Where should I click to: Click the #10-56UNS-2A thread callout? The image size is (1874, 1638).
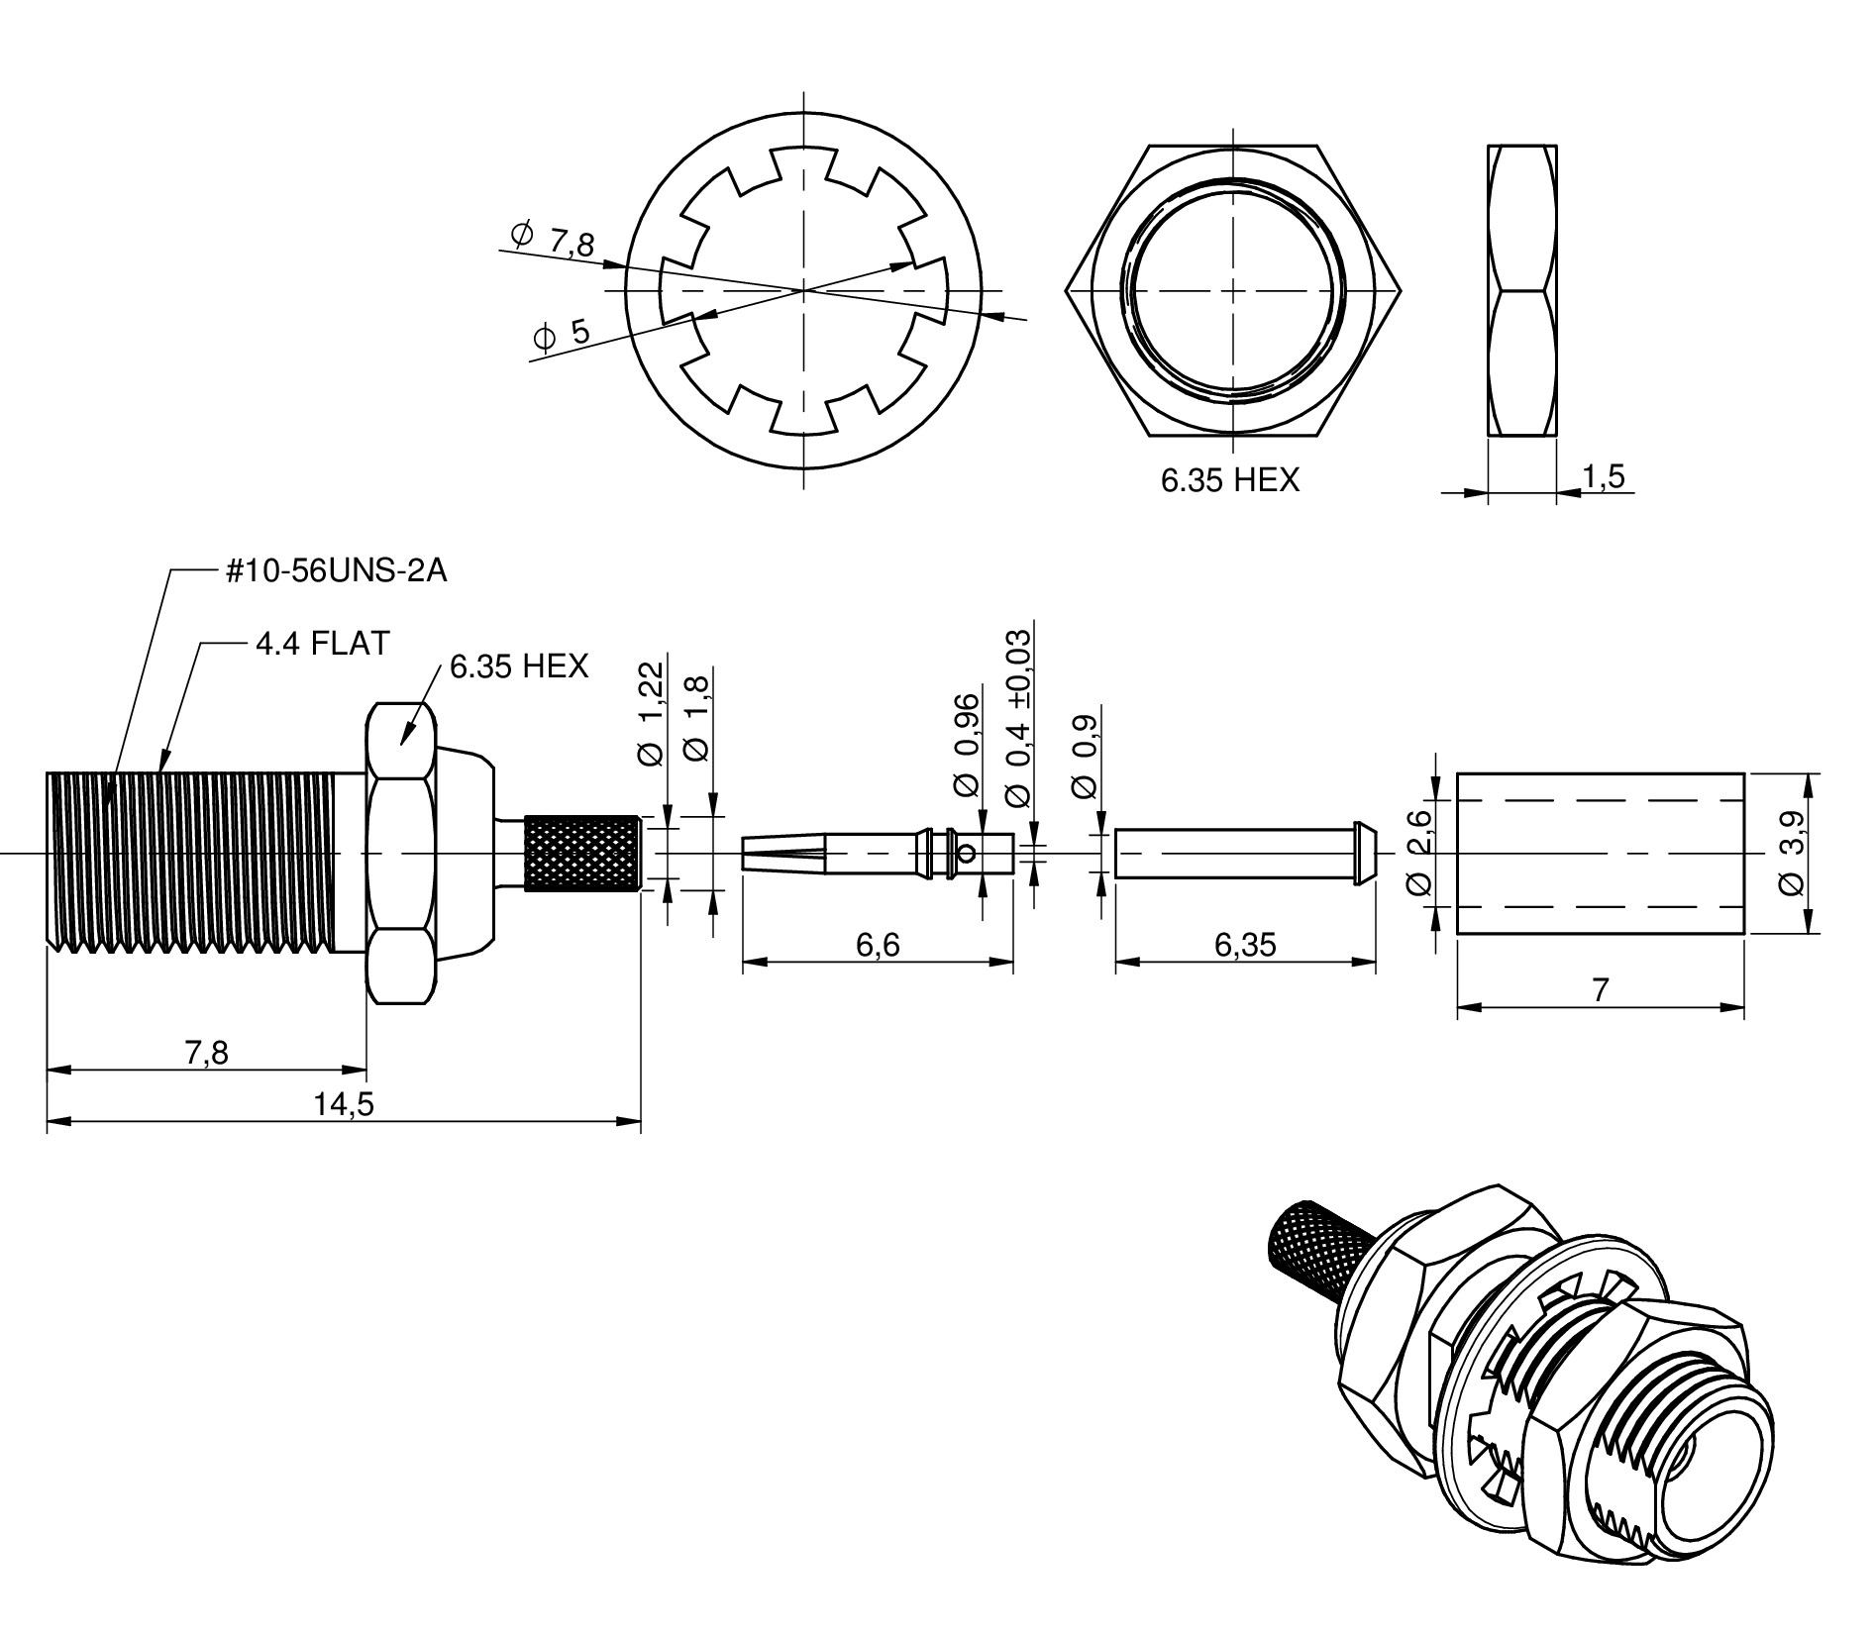coord(336,571)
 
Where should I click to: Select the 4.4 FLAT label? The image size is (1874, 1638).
coord(322,644)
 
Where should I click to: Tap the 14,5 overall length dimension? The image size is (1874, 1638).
coord(344,1103)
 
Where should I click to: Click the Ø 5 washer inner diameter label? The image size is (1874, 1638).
coord(562,334)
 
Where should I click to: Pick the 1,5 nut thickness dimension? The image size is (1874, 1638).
coord(1603,477)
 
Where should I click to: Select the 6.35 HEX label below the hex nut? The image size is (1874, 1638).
coord(1229,480)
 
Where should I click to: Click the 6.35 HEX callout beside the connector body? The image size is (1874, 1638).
coord(518,666)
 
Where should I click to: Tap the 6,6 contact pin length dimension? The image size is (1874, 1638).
coord(878,946)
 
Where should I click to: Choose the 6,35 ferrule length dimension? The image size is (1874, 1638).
coord(1245,946)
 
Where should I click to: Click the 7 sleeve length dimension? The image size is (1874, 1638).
coord(1601,990)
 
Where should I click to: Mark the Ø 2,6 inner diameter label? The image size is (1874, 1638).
coord(1419,852)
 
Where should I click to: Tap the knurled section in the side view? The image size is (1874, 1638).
coord(582,854)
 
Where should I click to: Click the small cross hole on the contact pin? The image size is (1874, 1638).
coord(968,852)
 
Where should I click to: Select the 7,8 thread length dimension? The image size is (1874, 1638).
coord(206,1054)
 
